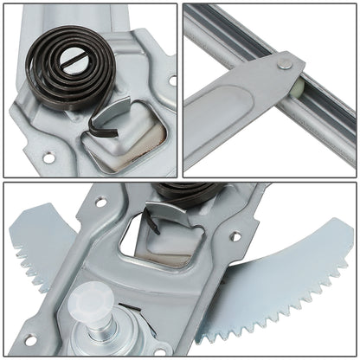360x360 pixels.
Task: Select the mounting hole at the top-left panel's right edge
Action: [170, 79]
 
